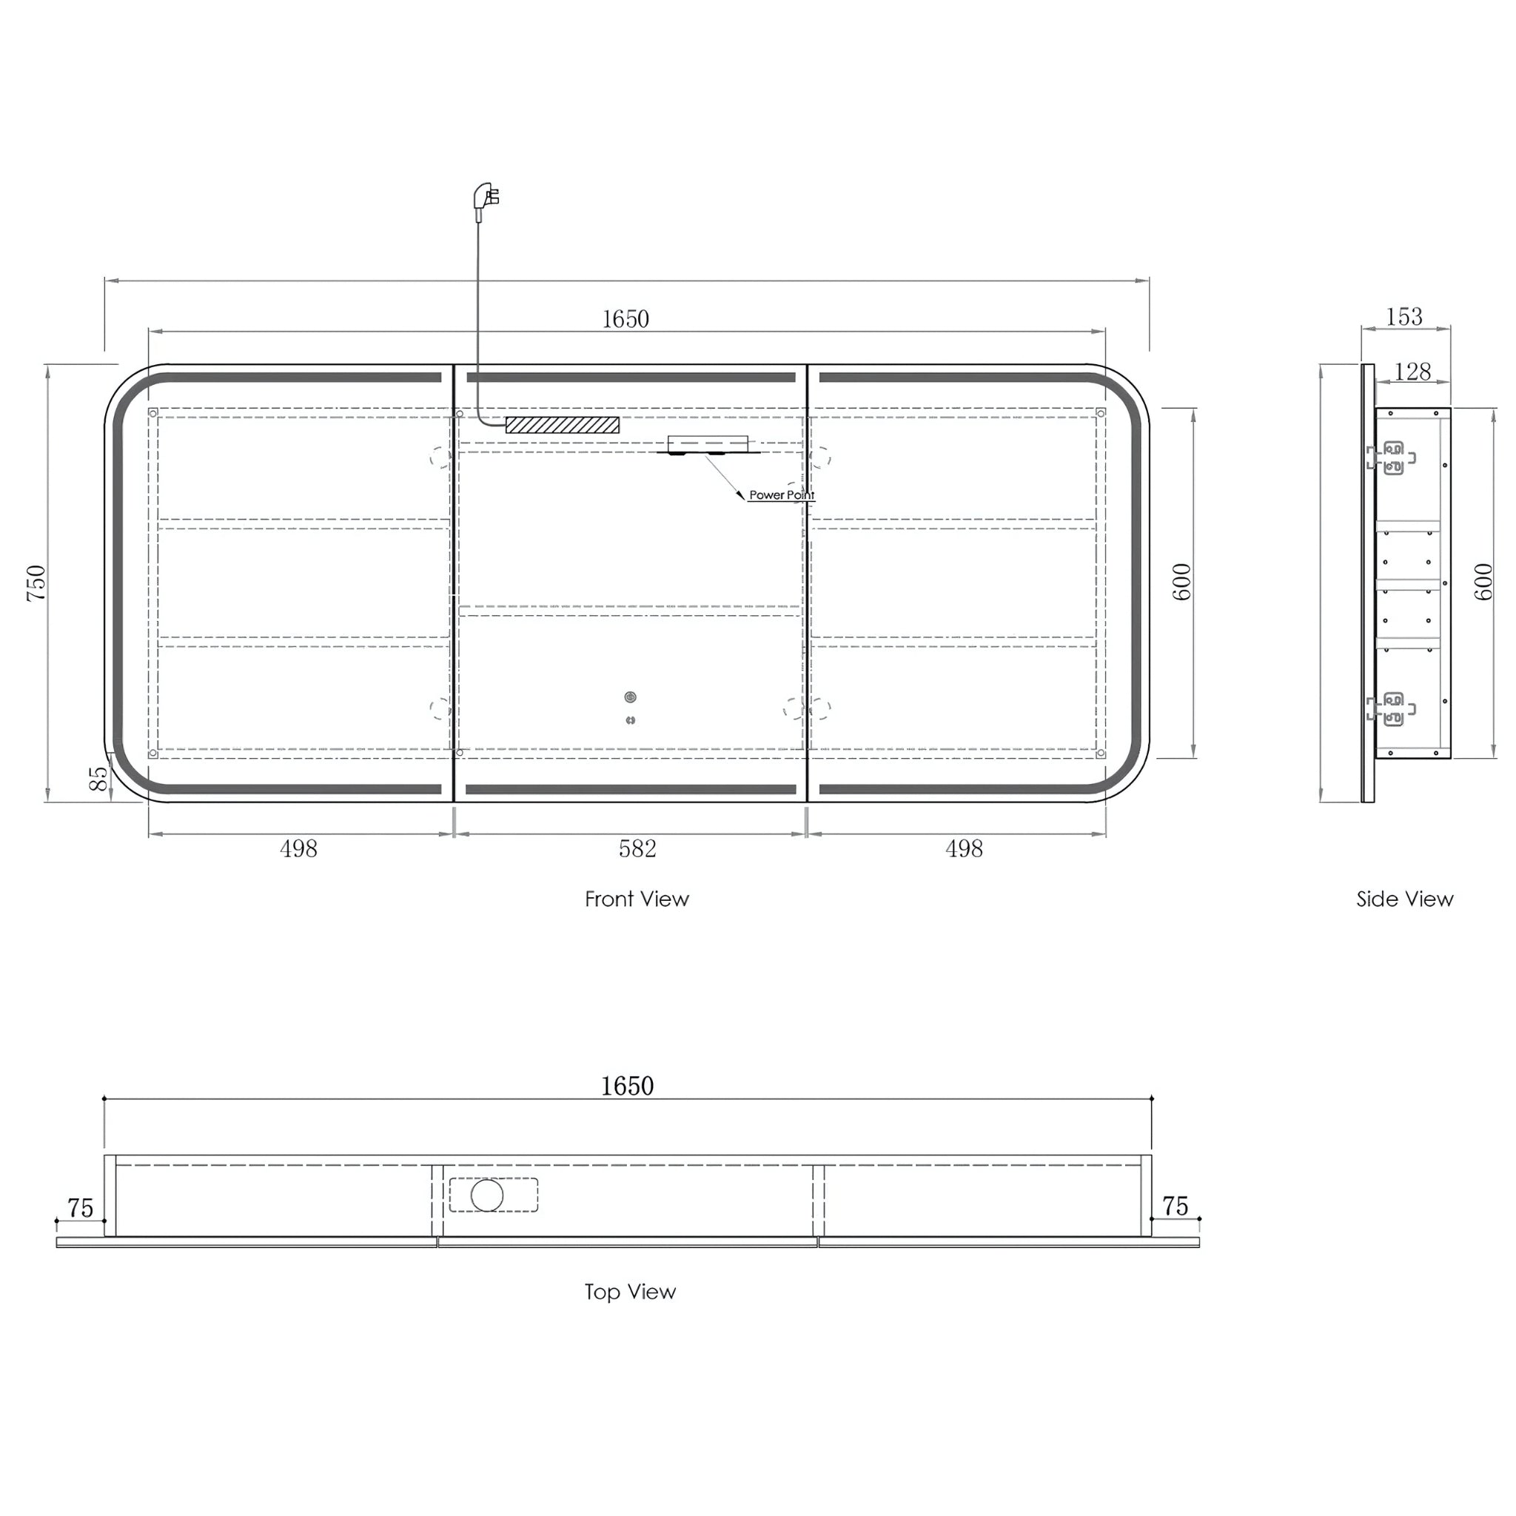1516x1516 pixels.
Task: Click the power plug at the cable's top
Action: click(486, 198)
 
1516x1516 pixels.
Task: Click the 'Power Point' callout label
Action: click(782, 495)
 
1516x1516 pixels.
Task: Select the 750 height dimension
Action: click(36, 583)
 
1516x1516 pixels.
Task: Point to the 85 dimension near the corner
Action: click(99, 779)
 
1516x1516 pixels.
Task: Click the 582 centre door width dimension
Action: click(637, 849)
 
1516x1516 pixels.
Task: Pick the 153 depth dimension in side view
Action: click(1403, 316)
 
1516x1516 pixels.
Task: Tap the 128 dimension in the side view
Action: click(1413, 371)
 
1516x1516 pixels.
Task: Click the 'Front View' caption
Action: click(637, 899)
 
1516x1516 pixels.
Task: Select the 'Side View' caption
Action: click(1404, 899)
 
